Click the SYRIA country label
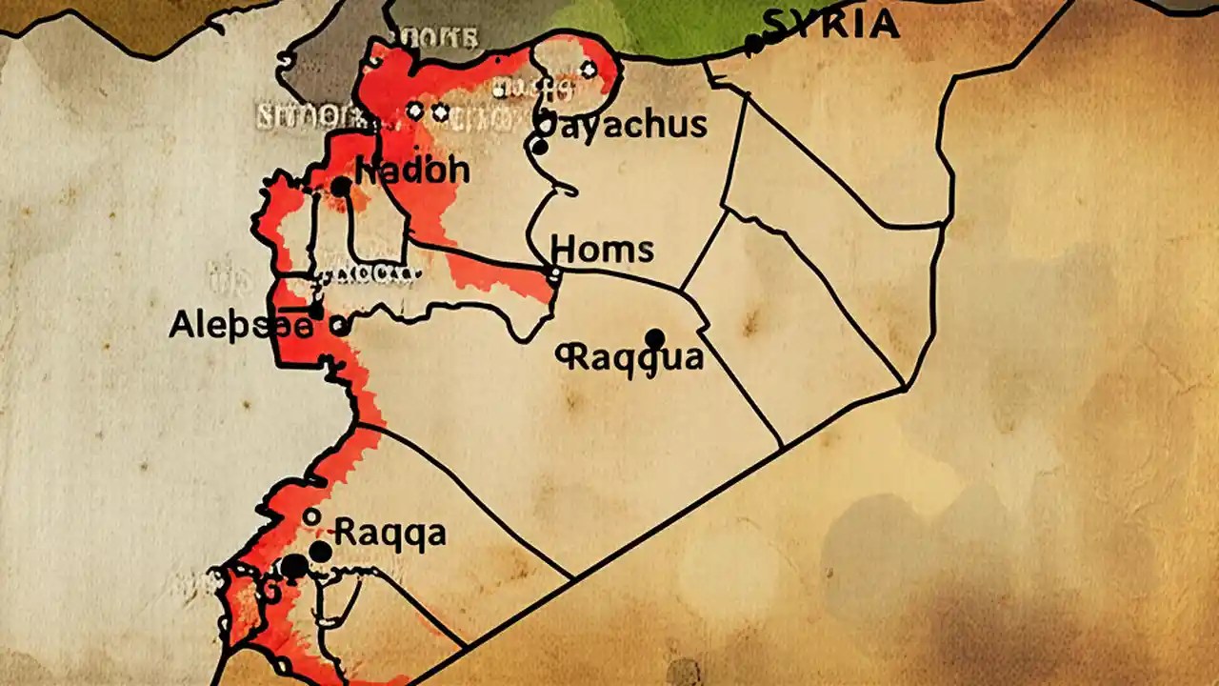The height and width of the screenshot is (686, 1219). [830, 24]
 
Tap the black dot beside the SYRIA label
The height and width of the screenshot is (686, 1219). [753, 43]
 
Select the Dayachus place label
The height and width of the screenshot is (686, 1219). [623, 124]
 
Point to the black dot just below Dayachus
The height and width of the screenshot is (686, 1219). [539, 147]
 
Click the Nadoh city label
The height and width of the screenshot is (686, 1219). [412, 171]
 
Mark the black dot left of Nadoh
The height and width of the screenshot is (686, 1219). [340, 187]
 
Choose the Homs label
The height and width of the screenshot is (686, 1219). [602, 250]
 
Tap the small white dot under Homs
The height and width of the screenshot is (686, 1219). [554, 276]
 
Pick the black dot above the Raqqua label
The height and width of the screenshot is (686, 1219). [654, 338]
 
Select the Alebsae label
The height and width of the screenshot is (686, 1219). [240, 326]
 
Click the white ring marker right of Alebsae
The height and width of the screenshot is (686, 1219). [338, 326]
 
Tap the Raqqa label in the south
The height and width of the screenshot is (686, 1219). [390, 532]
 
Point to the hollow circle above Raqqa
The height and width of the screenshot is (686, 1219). [310, 516]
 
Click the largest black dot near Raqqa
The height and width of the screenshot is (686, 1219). [294, 566]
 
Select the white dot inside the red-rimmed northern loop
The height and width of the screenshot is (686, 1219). [588, 69]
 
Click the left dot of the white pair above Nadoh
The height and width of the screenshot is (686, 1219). [414, 111]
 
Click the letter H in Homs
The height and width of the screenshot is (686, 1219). [563, 250]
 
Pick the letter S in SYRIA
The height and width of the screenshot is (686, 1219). [776, 24]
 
